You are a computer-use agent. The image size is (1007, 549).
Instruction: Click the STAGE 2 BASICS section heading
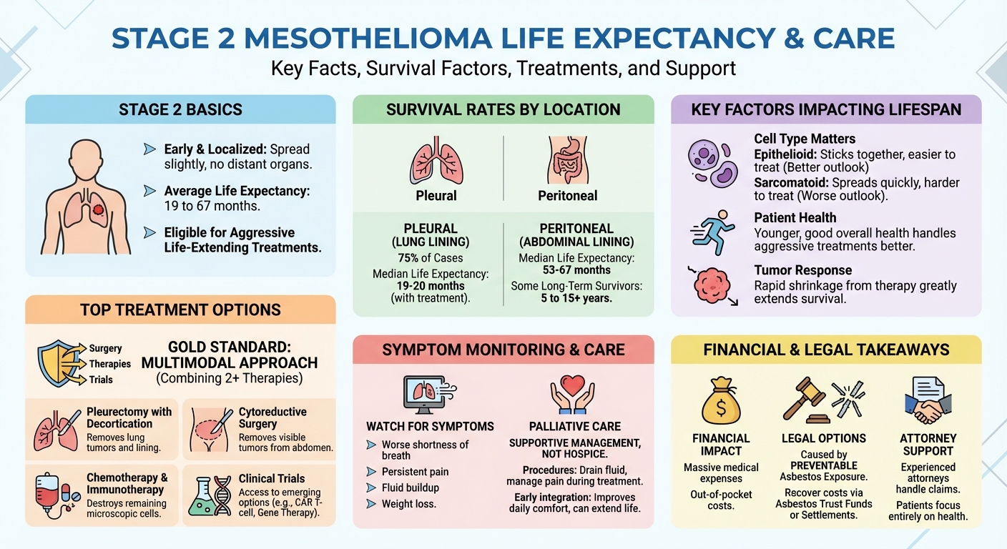point(180,110)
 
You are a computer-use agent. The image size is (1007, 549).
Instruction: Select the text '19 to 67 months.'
point(212,205)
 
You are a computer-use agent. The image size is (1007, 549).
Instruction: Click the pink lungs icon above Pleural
point(436,162)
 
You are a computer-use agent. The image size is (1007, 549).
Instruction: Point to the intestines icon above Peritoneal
point(568,161)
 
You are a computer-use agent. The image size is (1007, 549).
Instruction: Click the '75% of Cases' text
point(430,258)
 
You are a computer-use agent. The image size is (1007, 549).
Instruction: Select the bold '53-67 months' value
point(576,270)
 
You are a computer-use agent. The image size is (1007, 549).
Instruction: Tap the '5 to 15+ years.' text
point(576,298)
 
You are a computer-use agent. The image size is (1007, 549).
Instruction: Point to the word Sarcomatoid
point(791,183)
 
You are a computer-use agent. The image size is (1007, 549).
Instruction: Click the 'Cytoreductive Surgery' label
point(272,417)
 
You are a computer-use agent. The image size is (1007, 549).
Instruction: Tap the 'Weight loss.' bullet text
point(410,504)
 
